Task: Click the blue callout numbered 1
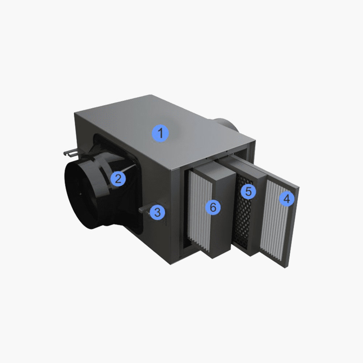(160, 133)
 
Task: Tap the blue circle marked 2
(118, 179)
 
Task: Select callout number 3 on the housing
(158, 212)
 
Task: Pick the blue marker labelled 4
(287, 199)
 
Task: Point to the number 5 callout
(248, 191)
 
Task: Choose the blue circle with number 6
(213, 207)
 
